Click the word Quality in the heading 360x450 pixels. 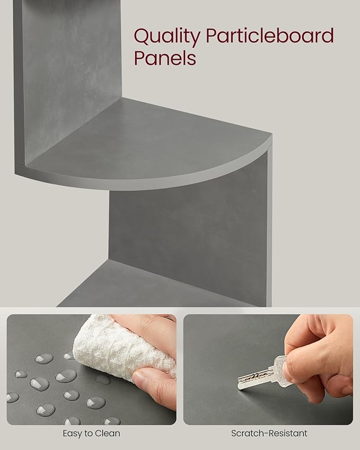click(x=167, y=37)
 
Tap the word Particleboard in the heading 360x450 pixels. click(x=270, y=36)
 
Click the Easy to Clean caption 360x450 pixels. click(x=91, y=433)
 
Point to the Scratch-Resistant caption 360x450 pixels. click(x=269, y=433)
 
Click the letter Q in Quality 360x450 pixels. click(x=141, y=37)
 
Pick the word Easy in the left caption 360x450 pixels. click(x=73, y=434)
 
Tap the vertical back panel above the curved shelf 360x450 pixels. click(x=72, y=77)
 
